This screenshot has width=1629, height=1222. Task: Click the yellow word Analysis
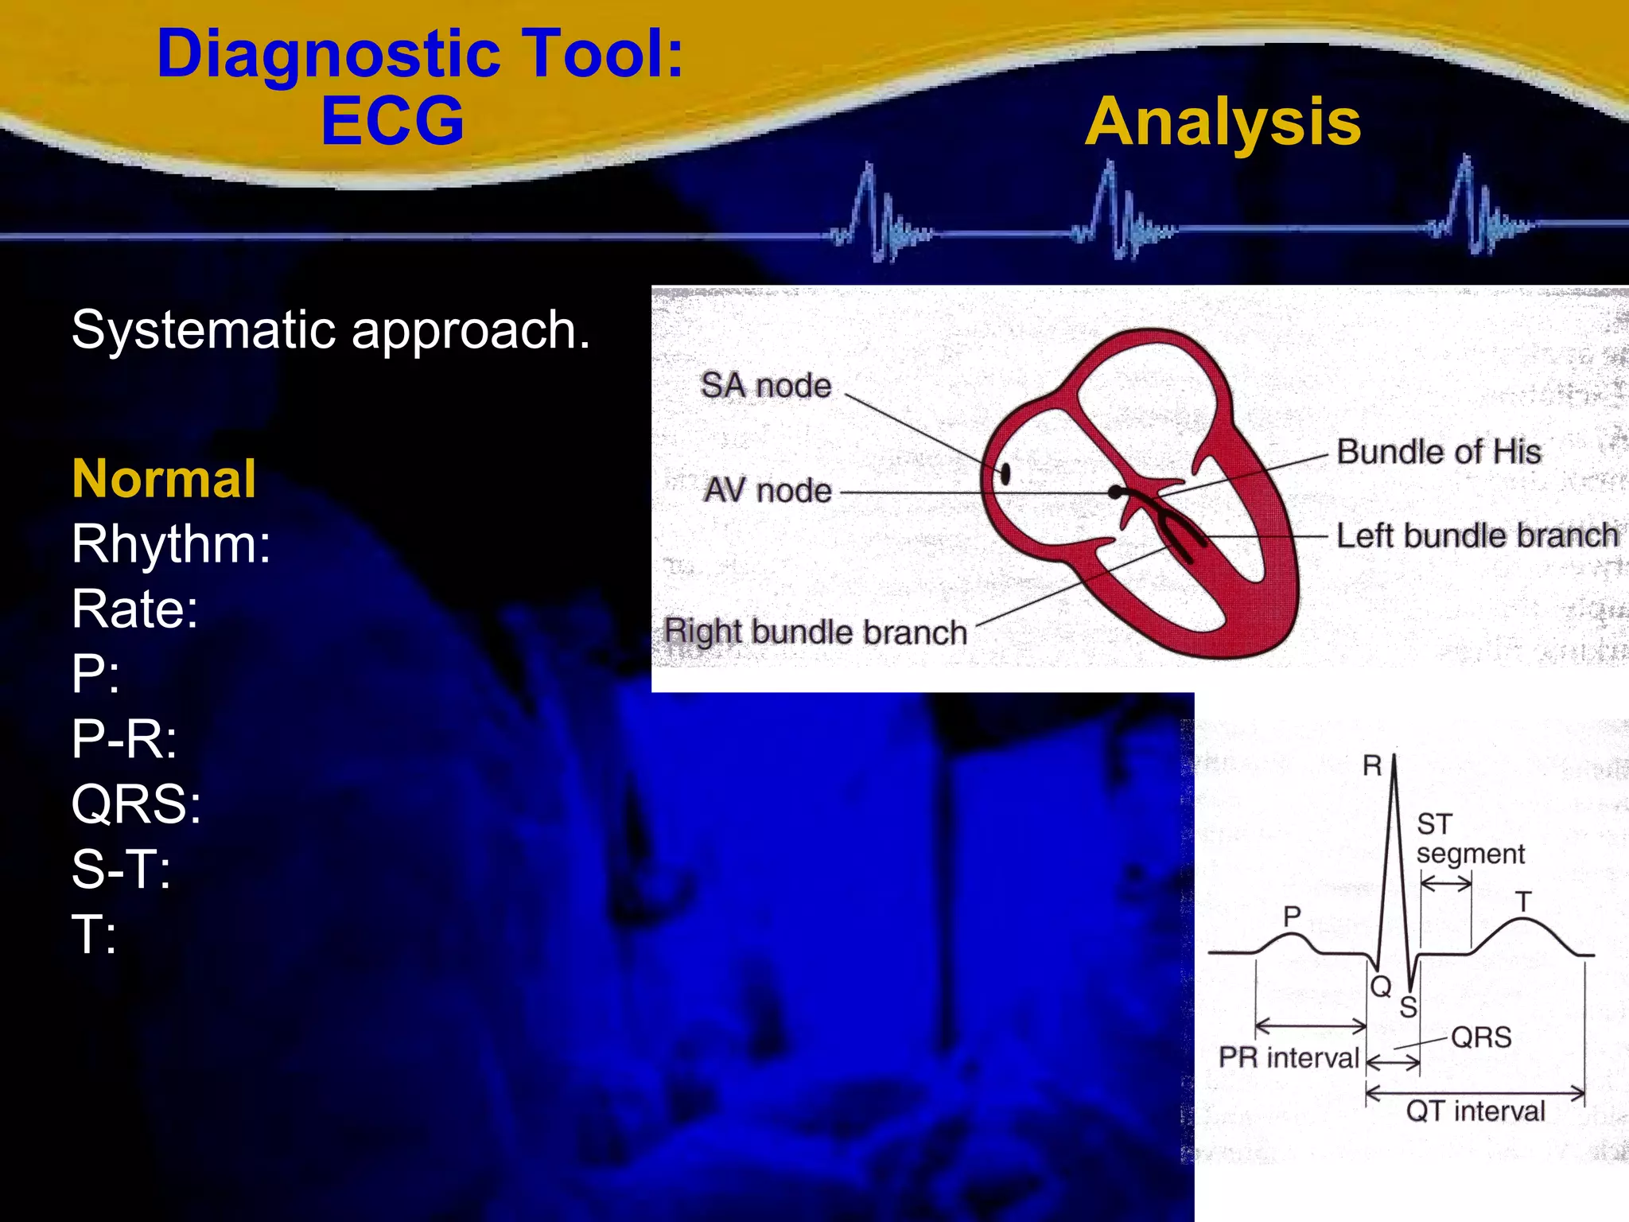(x=1223, y=123)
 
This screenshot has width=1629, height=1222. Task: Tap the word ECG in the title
(x=392, y=121)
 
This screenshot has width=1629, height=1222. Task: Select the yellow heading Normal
(x=164, y=478)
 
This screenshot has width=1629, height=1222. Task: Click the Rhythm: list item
(x=171, y=543)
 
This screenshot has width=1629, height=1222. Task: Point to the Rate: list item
(x=134, y=609)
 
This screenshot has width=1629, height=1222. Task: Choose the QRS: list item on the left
(x=136, y=804)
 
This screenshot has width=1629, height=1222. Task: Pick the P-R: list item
(x=124, y=738)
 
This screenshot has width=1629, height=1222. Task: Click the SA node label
(x=765, y=385)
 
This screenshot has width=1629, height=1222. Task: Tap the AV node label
(x=768, y=490)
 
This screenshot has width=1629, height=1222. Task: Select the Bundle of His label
(x=1438, y=451)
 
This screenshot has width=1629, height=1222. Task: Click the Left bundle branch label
(x=1477, y=535)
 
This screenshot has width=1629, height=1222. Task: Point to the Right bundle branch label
(x=815, y=632)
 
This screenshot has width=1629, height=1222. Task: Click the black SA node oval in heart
(x=1005, y=474)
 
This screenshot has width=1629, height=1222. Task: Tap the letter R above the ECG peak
(x=1372, y=765)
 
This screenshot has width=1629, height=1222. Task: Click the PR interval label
(x=1289, y=1057)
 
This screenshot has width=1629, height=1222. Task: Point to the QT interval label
(x=1475, y=1111)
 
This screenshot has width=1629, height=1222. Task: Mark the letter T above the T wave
(x=1522, y=902)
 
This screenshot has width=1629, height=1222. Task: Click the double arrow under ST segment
(x=1446, y=883)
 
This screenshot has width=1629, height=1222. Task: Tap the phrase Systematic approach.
(x=331, y=329)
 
